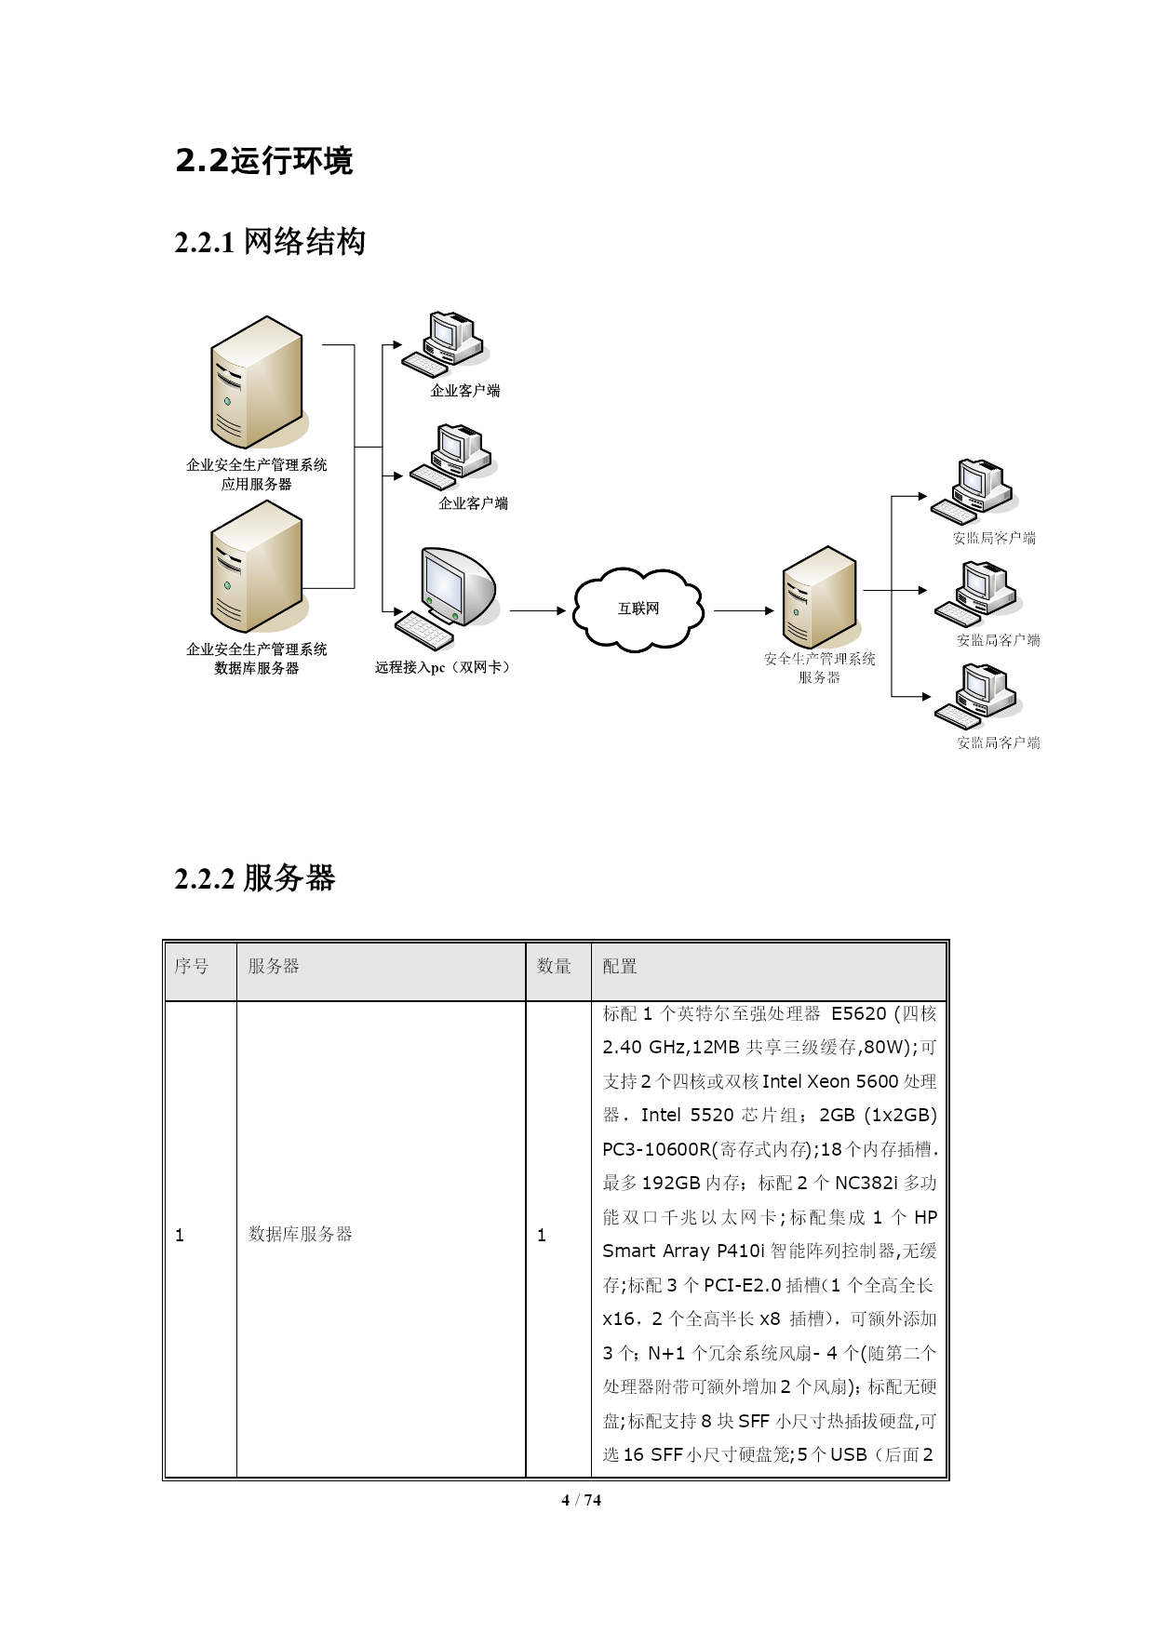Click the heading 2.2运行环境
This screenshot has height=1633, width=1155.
pos(264,161)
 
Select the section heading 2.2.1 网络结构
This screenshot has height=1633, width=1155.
pos(270,242)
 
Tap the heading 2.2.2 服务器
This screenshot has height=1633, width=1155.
pos(255,877)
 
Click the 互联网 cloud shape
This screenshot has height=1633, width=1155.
pos(638,609)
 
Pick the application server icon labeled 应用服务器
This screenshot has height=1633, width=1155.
pos(258,382)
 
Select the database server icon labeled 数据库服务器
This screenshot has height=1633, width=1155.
pos(258,567)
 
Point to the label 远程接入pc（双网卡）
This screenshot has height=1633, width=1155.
pos(443,667)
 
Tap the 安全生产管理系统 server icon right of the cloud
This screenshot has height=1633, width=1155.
pos(820,597)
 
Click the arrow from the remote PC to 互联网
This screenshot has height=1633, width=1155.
pos(538,610)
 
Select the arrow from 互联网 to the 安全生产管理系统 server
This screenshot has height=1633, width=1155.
pos(745,610)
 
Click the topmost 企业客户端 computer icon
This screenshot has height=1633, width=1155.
pos(446,344)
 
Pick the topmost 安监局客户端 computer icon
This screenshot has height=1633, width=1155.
pos(973,491)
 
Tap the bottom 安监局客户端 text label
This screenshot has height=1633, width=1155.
pos(999,743)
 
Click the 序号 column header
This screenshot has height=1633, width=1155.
pos(192,967)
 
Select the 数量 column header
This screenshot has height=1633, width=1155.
pos(554,967)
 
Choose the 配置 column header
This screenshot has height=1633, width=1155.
pos(620,967)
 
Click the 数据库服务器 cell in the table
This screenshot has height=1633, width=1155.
pos(300,1235)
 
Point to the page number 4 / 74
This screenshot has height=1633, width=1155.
pos(582,1500)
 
